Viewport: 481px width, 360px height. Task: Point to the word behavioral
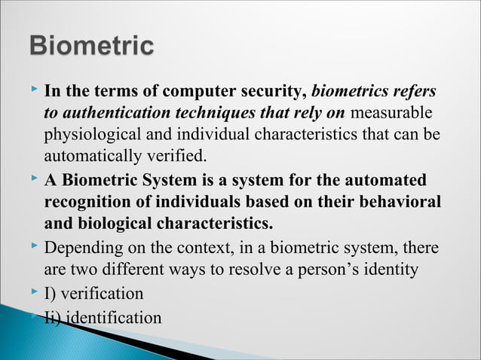pos(396,203)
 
